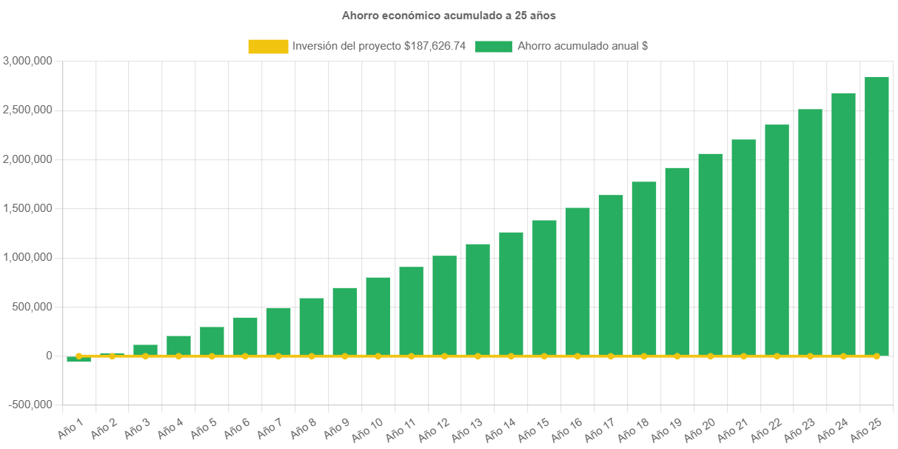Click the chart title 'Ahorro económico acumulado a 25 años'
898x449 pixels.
tap(449, 15)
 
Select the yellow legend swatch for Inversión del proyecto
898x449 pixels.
tap(268, 46)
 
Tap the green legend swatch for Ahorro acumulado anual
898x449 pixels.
tap(493, 46)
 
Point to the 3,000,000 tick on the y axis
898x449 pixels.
tap(27, 61)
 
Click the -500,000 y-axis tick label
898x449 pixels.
tap(30, 405)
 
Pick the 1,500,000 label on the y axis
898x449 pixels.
tap(27, 208)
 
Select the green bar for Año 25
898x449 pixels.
tap(877, 215)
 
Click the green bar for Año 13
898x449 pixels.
tap(478, 299)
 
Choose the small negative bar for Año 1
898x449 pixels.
tap(78, 360)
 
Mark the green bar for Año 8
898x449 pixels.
tap(311, 326)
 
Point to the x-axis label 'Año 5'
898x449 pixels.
tap(204, 428)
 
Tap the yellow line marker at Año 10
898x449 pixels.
tap(378, 356)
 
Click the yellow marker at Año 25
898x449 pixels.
tap(877, 356)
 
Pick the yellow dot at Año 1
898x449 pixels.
tap(78, 356)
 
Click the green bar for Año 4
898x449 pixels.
tap(178, 345)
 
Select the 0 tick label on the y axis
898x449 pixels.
tap(49, 356)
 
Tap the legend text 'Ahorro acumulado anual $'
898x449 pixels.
tap(583, 46)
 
